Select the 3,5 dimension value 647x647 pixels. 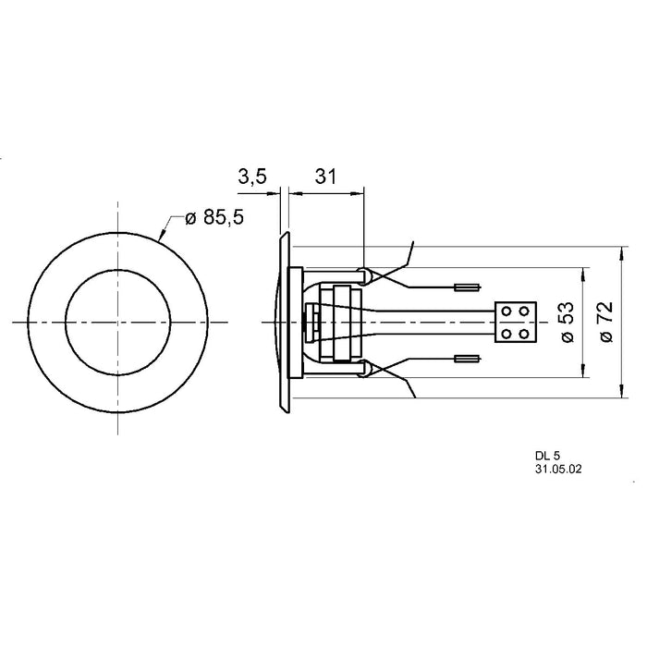pos(251,177)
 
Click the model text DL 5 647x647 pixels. pos(546,457)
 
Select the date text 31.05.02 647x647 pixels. pos(556,470)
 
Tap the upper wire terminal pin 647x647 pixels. pos(469,286)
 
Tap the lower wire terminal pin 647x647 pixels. pos(469,357)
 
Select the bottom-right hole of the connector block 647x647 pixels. pos(526,330)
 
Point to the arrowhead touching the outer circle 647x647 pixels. pos(163,238)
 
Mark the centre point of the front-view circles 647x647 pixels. pos(117,321)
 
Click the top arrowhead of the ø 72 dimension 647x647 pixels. pos(618,251)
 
